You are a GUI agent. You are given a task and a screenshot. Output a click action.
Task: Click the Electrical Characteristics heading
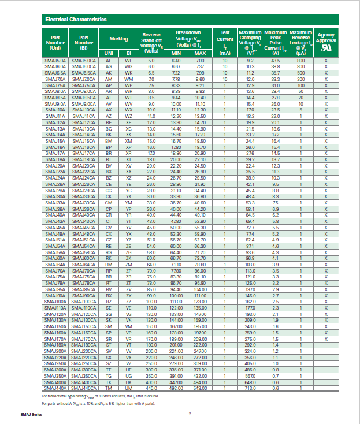tap(76, 20)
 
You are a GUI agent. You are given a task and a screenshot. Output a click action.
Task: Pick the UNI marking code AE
tap(109, 61)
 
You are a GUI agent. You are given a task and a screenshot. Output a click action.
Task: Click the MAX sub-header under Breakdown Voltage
tap(200, 53)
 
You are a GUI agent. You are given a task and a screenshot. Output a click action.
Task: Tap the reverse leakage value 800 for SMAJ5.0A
tap(300, 61)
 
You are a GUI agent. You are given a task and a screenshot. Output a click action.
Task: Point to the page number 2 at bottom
tap(189, 414)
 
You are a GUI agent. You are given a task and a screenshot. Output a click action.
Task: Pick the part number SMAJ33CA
tap(84, 203)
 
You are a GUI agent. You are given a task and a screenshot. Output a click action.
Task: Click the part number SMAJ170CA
tap(84, 339)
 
